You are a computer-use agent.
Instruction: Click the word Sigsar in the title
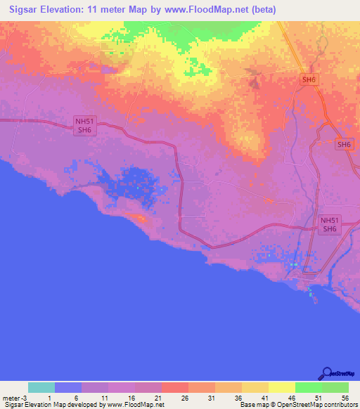(21, 10)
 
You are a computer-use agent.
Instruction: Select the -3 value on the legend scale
(25, 397)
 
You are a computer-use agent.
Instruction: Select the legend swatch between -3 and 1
(41, 387)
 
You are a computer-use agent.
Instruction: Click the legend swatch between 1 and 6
(68, 387)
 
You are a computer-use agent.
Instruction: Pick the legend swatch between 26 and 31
(202, 387)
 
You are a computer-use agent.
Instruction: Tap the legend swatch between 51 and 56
(335, 387)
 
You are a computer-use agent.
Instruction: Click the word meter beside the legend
(11, 397)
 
